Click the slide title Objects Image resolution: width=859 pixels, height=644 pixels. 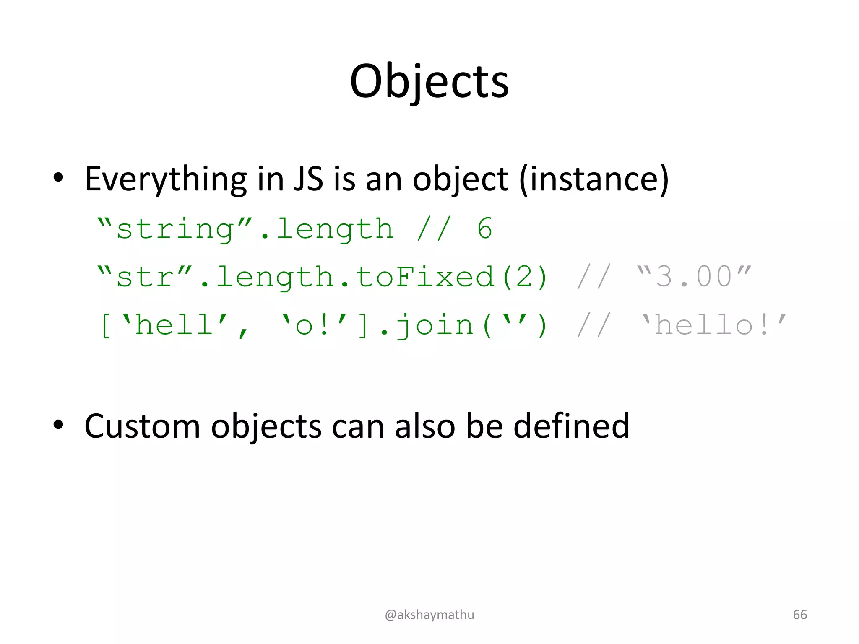429,82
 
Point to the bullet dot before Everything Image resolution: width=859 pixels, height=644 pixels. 58,178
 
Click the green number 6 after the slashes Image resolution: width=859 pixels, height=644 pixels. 485,229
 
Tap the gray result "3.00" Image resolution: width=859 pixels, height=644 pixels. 694,277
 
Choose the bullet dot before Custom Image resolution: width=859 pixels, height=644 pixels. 58,425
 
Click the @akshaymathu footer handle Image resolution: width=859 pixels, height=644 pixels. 429,615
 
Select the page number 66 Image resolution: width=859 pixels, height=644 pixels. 799,615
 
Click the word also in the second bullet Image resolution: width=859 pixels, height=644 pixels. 424,426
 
